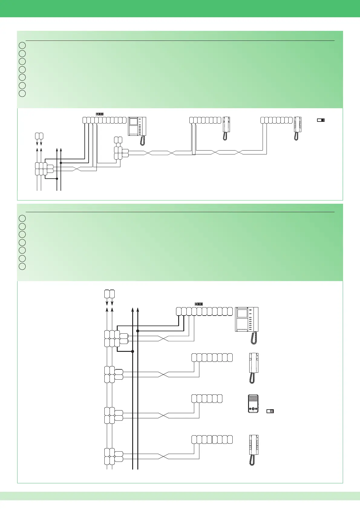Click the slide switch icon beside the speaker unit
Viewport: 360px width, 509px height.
pyautogui.click(x=270, y=411)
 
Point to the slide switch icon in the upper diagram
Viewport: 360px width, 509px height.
pyautogui.click(x=321, y=120)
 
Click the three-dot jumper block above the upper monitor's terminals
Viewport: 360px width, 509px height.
pyautogui.click(x=100, y=114)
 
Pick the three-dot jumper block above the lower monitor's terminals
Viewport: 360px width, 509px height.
pyautogui.click(x=199, y=304)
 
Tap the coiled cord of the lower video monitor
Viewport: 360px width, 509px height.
pyautogui.click(x=254, y=338)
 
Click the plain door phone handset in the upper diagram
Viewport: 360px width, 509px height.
pyautogui.click(x=226, y=128)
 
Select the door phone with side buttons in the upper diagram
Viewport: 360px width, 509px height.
pyautogui.click(x=297, y=128)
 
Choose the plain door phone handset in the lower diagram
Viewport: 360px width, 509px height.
pyautogui.click(x=253, y=368)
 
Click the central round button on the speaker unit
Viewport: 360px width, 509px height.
pyautogui.click(x=253, y=410)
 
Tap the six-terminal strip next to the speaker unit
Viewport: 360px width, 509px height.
pyautogui.click(x=207, y=399)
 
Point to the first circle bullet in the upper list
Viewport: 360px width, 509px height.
pyautogui.click(x=22, y=46)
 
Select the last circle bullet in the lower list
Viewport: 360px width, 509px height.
pyautogui.click(x=22, y=266)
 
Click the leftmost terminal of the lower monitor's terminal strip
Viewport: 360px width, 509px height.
pyautogui.click(x=179, y=311)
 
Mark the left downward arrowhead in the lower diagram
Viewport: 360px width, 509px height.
pyautogui.click(x=107, y=303)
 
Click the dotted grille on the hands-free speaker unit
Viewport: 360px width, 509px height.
pyautogui.click(x=253, y=400)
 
